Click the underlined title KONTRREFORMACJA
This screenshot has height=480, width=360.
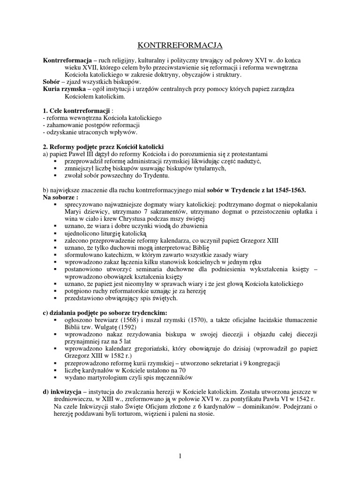(180, 45)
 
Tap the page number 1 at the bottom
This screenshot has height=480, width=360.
(180, 456)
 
